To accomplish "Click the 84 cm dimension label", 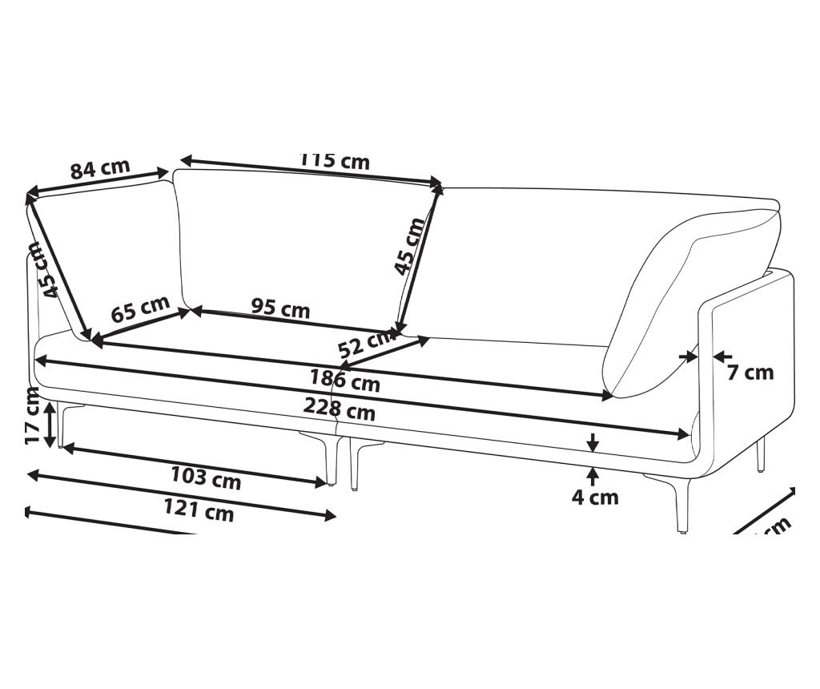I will pos(99,169).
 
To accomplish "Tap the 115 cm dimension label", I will pos(335,160).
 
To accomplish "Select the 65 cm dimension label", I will pos(140,309).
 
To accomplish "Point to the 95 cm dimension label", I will pos(280,308).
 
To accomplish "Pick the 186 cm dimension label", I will pos(345,380).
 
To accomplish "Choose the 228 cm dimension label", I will pos(339,409).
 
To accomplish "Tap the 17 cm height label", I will pos(32,415).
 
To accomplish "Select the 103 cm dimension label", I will pos(205,477).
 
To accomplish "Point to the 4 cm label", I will pos(595,498).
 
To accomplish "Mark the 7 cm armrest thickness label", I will pos(750,373).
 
